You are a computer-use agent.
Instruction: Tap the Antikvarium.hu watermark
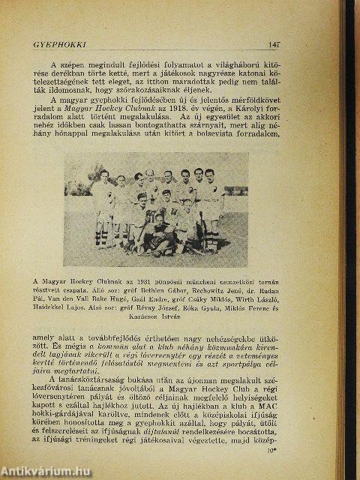46,470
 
